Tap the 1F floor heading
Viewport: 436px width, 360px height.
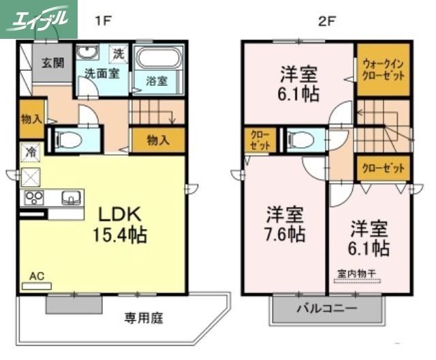(102, 20)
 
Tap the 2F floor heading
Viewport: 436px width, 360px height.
(327, 20)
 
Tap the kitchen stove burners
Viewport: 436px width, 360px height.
(34, 198)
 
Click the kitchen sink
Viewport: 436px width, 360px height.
(71, 198)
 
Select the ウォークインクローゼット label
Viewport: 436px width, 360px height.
(382, 68)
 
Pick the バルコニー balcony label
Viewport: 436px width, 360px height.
(326, 308)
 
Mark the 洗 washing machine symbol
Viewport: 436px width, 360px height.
(119, 53)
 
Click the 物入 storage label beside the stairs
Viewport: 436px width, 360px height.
(158, 140)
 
